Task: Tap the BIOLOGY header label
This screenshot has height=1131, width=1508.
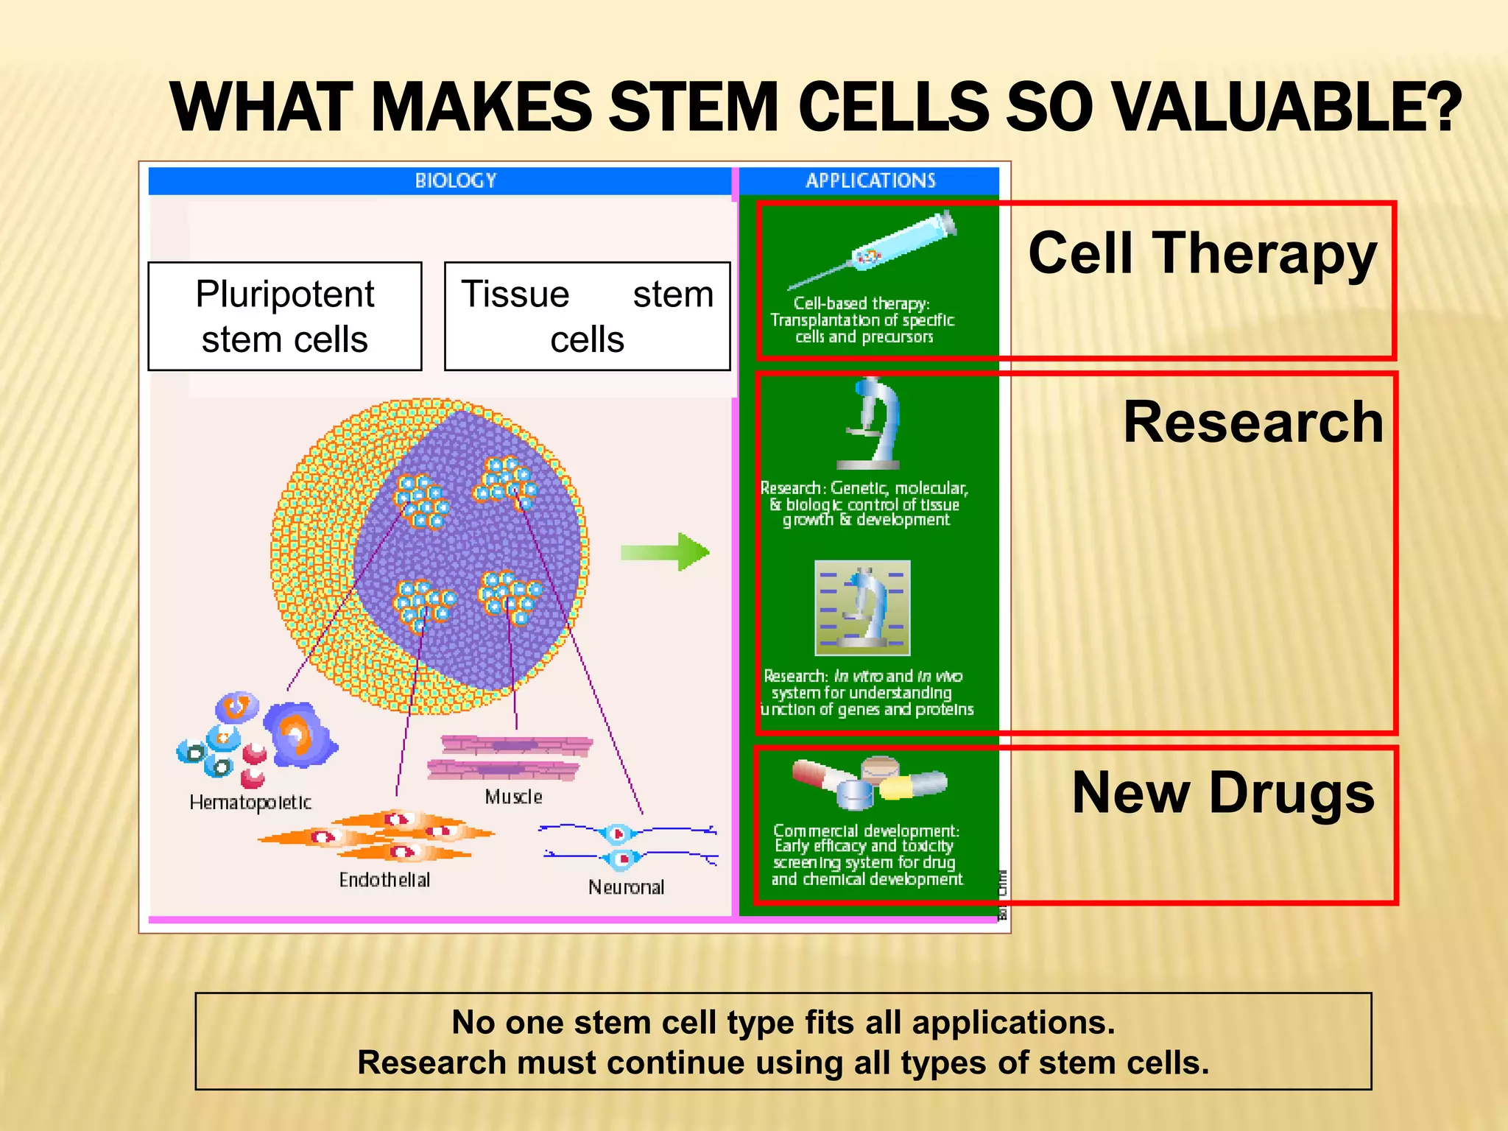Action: click(x=455, y=180)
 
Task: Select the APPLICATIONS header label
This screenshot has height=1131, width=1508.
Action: click(x=870, y=180)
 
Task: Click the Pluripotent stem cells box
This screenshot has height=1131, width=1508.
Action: click(x=285, y=316)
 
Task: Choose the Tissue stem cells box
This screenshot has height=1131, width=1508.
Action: click(x=587, y=316)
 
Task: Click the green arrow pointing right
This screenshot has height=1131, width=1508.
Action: click(x=664, y=552)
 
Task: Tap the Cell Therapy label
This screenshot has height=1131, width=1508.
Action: click(x=1202, y=253)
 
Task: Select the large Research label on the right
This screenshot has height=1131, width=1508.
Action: click(x=1252, y=423)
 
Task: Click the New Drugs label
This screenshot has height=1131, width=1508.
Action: click(x=1223, y=793)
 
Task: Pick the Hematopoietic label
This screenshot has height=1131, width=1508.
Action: click(x=250, y=803)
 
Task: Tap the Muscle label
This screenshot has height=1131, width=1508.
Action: click(x=513, y=797)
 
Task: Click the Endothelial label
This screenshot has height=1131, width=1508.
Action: click(x=384, y=880)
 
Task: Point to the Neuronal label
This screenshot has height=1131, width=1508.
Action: click(x=626, y=887)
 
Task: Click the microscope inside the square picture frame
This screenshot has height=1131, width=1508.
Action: click(x=863, y=608)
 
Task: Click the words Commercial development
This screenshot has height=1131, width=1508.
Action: click(x=866, y=831)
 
